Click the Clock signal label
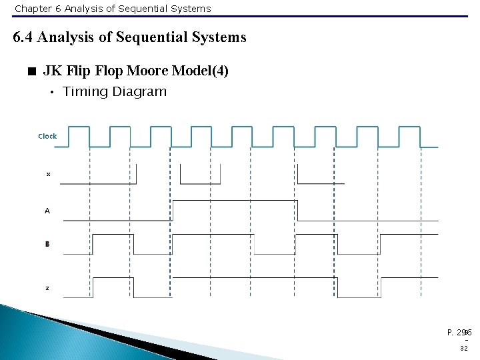tap(47, 136)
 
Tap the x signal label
tap(48, 174)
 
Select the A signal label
tap(47, 211)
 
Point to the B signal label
tap(47, 245)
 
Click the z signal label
tap(47, 288)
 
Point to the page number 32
tap(463, 348)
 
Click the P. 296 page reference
tap(459, 332)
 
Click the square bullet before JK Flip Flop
tap(31, 71)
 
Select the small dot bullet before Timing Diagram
tap(52, 93)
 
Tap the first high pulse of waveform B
tap(113, 235)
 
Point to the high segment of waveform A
tap(234, 200)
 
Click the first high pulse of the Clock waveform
tap(79, 127)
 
